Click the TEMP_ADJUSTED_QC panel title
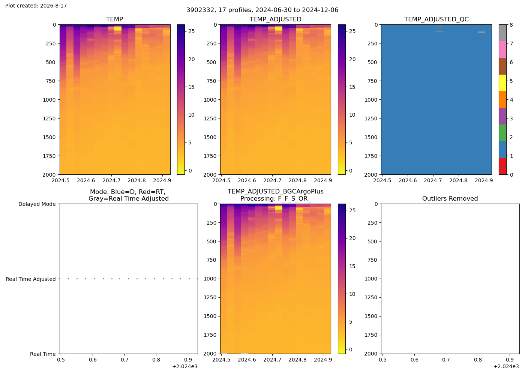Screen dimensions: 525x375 coord(436,19)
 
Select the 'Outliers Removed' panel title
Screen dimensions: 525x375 coord(450,198)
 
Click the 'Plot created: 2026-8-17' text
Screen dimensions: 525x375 coord(36,6)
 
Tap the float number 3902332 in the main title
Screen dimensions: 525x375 coord(200,10)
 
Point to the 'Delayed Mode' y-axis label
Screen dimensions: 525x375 coord(37,204)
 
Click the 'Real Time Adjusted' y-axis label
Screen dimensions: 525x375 coord(31,279)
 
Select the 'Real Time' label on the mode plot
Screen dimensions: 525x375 coord(43,354)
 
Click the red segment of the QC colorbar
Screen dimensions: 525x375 coord(502,166)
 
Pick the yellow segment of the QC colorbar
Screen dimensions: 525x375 coord(502,83)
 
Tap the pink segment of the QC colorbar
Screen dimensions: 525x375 coord(502,49)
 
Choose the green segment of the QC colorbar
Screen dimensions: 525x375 coord(502,133)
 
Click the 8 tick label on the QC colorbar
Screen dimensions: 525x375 coord(511,25)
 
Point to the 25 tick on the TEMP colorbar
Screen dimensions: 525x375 coord(192,31)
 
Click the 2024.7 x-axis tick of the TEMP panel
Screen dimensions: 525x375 coord(111,180)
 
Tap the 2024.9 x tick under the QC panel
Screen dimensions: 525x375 coord(484,180)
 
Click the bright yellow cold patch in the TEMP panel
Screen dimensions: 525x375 coord(118,28)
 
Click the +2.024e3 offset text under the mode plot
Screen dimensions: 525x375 coord(185,367)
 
